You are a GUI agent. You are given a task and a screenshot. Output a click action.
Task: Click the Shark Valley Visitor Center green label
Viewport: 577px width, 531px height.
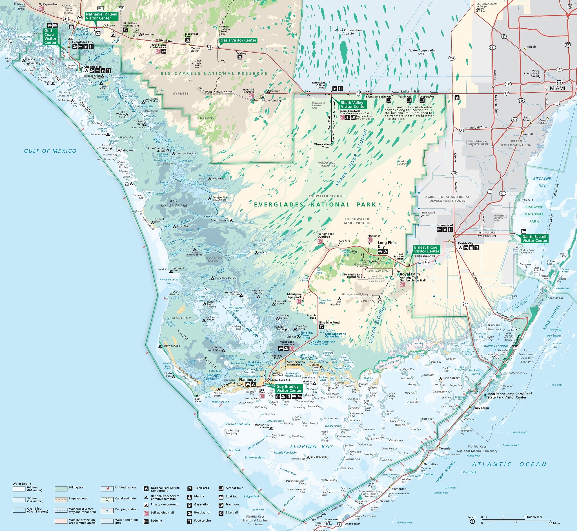(353, 105)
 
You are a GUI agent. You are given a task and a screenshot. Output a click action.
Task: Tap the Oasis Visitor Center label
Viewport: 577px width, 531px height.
(238, 40)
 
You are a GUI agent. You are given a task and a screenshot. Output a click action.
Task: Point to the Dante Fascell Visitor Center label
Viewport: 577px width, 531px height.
(534, 239)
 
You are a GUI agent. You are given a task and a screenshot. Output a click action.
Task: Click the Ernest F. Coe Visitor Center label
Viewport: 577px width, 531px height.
(426, 249)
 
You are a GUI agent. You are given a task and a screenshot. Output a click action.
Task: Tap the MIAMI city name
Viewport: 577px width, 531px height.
(558, 88)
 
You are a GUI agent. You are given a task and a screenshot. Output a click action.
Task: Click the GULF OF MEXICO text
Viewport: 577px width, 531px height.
(50, 151)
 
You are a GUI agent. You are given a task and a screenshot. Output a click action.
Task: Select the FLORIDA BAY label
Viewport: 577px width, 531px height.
(312, 446)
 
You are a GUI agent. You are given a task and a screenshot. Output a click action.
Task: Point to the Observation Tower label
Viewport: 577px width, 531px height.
(322, 146)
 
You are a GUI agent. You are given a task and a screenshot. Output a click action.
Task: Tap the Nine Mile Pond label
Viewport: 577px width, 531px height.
(329, 322)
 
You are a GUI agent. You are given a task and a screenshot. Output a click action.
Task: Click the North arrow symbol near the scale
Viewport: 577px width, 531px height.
(472, 521)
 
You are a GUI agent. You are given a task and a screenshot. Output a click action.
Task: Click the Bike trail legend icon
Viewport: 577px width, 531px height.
(221, 512)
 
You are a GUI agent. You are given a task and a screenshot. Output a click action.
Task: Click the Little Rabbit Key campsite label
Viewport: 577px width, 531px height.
(319, 457)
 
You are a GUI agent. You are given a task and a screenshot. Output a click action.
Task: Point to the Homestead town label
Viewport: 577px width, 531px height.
(445, 225)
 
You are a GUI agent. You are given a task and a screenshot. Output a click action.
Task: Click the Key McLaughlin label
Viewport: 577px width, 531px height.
(174, 203)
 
